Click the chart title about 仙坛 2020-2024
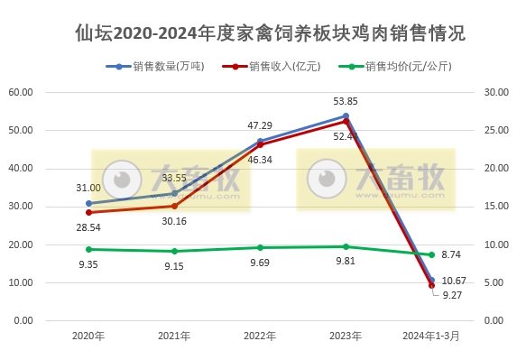point(270,34)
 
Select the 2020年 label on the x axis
point(88,337)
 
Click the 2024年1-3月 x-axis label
point(430,337)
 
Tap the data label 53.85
point(346,101)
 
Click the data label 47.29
point(261,125)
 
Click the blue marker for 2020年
point(88,203)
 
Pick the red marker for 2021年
point(174,206)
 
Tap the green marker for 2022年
point(260,247)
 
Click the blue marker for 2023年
point(346,115)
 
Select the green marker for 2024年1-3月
point(431,254)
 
